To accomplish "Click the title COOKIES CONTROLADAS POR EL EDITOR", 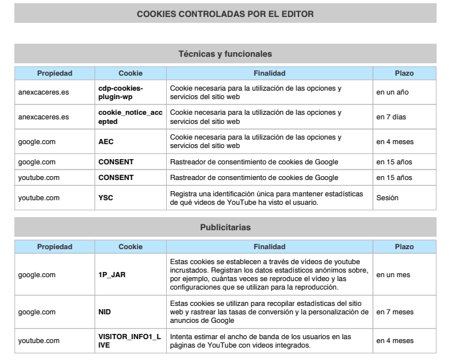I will pyautogui.click(x=224, y=13).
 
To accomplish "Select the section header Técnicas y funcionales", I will pyautogui.click(x=224, y=53).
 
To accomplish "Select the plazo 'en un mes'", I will pyautogui.click(x=393, y=275).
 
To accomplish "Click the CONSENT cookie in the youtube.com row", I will pyautogui.click(x=116, y=177).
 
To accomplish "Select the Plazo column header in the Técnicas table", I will pyautogui.click(x=403, y=72).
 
